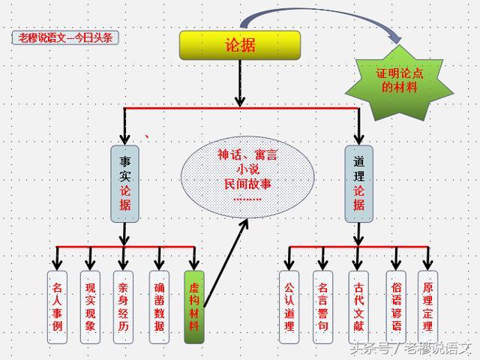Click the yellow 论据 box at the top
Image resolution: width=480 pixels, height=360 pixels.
point(240,46)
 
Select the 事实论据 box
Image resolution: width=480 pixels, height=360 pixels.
point(124,183)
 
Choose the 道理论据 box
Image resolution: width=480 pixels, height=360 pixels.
point(358,183)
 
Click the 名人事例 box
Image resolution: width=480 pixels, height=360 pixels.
point(58,307)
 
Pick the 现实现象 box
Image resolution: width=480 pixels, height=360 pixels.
point(91,307)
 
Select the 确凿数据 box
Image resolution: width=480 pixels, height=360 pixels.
point(159,307)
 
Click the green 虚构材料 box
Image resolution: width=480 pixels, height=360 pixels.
point(193,307)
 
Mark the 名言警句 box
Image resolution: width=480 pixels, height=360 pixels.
point(322,307)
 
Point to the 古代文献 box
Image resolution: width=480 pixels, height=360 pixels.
point(357,307)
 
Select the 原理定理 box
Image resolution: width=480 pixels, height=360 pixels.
point(427,307)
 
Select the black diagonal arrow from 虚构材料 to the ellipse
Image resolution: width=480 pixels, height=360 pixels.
point(226,262)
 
